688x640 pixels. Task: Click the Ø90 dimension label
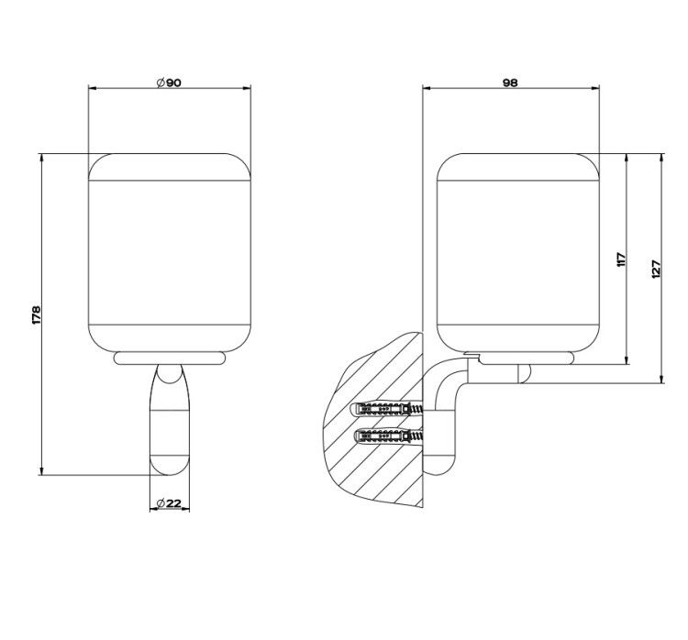coord(169,83)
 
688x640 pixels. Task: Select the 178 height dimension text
coord(36,314)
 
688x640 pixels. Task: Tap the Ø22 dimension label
coord(169,503)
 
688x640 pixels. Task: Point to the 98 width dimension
coord(510,83)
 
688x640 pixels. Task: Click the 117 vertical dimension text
coord(620,259)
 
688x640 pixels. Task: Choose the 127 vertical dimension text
coord(656,269)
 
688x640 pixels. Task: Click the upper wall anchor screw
coord(387,409)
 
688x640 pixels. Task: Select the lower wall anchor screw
coord(389,436)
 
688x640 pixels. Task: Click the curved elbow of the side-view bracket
coord(445,377)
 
